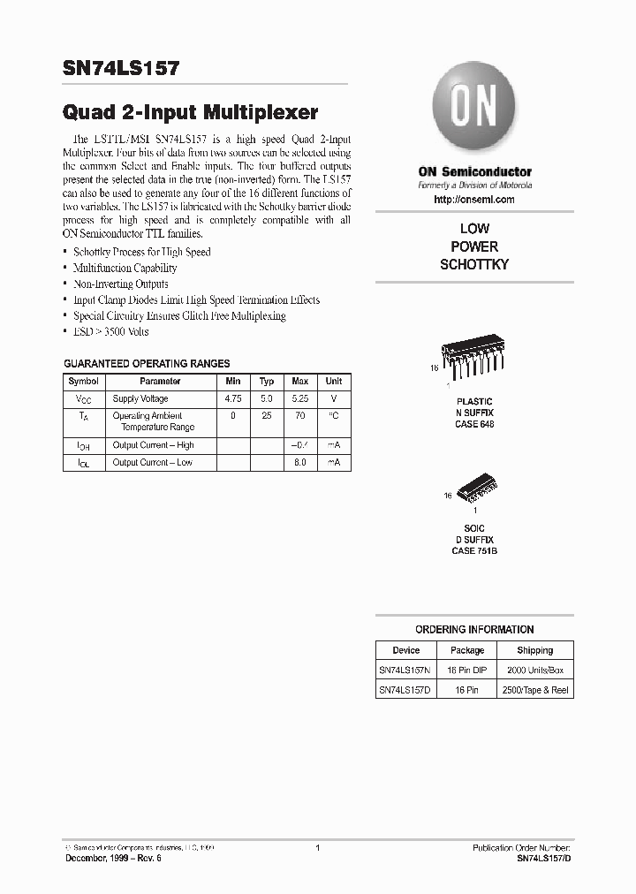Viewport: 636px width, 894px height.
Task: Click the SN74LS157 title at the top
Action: tap(121, 69)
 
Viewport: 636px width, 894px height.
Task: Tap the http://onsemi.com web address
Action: tap(474, 200)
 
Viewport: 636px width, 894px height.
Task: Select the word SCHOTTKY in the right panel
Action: tap(474, 264)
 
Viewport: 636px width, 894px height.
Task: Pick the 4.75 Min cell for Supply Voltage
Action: tap(233, 399)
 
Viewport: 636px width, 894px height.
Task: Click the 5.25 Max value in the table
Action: tap(300, 399)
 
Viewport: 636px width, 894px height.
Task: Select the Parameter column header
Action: tap(160, 382)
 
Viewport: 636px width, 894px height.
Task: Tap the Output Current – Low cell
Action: tap(152, 463)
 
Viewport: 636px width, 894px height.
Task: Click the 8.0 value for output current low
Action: tap(300, 463)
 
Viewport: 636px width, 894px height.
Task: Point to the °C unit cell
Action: tap(334, 415)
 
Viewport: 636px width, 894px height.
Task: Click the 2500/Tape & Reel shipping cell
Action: tap(534, 690)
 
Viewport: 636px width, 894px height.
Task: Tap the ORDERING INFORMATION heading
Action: tap(474, 630)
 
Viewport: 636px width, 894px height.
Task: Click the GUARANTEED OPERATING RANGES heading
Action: tap(147, 363)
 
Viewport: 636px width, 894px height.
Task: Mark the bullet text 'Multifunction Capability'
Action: tap(125, 268)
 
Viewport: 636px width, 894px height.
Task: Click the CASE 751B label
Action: tap(474, 550)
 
